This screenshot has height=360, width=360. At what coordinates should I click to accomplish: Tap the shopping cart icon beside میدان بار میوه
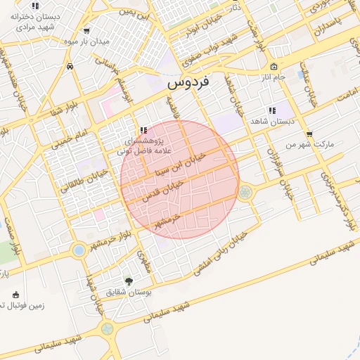tap(86, 30)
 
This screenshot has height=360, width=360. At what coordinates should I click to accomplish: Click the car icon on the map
tap(70, 66)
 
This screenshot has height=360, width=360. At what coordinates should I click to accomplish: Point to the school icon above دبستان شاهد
tap(271, 110)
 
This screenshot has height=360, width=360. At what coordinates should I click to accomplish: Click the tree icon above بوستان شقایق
tap(128, 281)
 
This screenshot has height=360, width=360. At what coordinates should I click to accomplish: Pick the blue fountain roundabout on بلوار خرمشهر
tap(79, 250)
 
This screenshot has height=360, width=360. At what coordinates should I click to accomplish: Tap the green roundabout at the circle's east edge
tap(245, 191)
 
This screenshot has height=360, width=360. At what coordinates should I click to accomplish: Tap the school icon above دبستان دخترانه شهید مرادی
tap(35, 6)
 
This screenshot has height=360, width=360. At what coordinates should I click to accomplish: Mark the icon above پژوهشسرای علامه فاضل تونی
tap(143, 129)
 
